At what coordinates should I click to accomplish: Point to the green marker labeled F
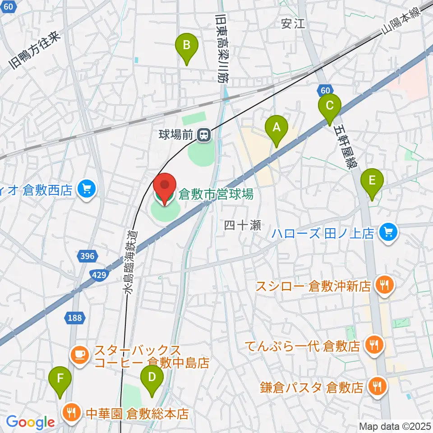pos(61,382)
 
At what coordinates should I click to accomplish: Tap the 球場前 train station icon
pos(205,134)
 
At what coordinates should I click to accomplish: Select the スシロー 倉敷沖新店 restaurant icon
pos(384,285)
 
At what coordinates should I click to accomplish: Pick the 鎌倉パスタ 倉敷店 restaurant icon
pos(377,387)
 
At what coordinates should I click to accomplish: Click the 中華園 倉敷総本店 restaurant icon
pos(71,411)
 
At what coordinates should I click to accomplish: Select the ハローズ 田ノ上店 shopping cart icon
pos(387,233)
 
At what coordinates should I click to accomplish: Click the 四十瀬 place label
pos(243,226)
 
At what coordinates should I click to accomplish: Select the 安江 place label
pos(293,23)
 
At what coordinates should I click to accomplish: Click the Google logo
pos(30,422)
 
